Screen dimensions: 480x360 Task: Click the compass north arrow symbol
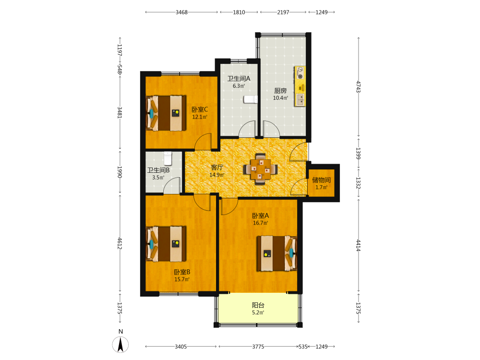point(120,345)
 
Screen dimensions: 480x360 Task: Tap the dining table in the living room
point(261,169)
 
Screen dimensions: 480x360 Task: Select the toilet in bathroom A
point(251,99)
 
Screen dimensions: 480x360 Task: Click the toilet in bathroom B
point(168,158)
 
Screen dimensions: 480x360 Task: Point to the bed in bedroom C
point(166,113)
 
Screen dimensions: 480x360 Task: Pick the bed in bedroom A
point(277,253)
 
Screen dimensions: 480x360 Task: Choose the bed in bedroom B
point(166,244)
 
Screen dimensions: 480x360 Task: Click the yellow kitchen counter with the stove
point(300,86)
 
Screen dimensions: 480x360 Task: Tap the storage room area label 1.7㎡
point(322,187)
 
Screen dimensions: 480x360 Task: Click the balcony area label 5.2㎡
point(258,312)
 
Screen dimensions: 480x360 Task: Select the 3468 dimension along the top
point(181,12)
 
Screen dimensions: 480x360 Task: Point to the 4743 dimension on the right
point(359,86)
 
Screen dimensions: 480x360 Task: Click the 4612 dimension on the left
point(120,243)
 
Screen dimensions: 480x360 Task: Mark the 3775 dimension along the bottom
point(258,347)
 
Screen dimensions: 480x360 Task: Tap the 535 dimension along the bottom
point(303,347)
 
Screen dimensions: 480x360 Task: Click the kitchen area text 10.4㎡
point(280,98)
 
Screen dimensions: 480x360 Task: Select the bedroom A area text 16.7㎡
point(261,223)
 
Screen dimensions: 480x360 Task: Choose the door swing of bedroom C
point(203,142)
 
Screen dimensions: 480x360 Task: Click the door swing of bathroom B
point(172,185)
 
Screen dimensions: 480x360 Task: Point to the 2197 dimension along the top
point(283,12)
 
